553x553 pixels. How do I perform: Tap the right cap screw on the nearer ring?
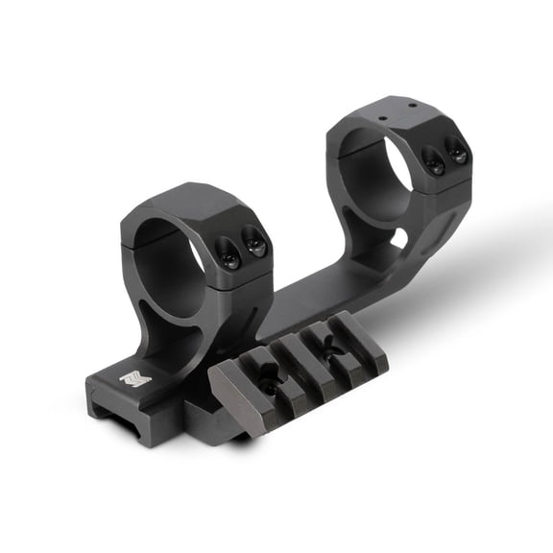pos(255,244)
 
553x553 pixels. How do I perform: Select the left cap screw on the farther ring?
pos(435,164)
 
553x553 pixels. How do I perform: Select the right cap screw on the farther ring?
pos(459,154)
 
